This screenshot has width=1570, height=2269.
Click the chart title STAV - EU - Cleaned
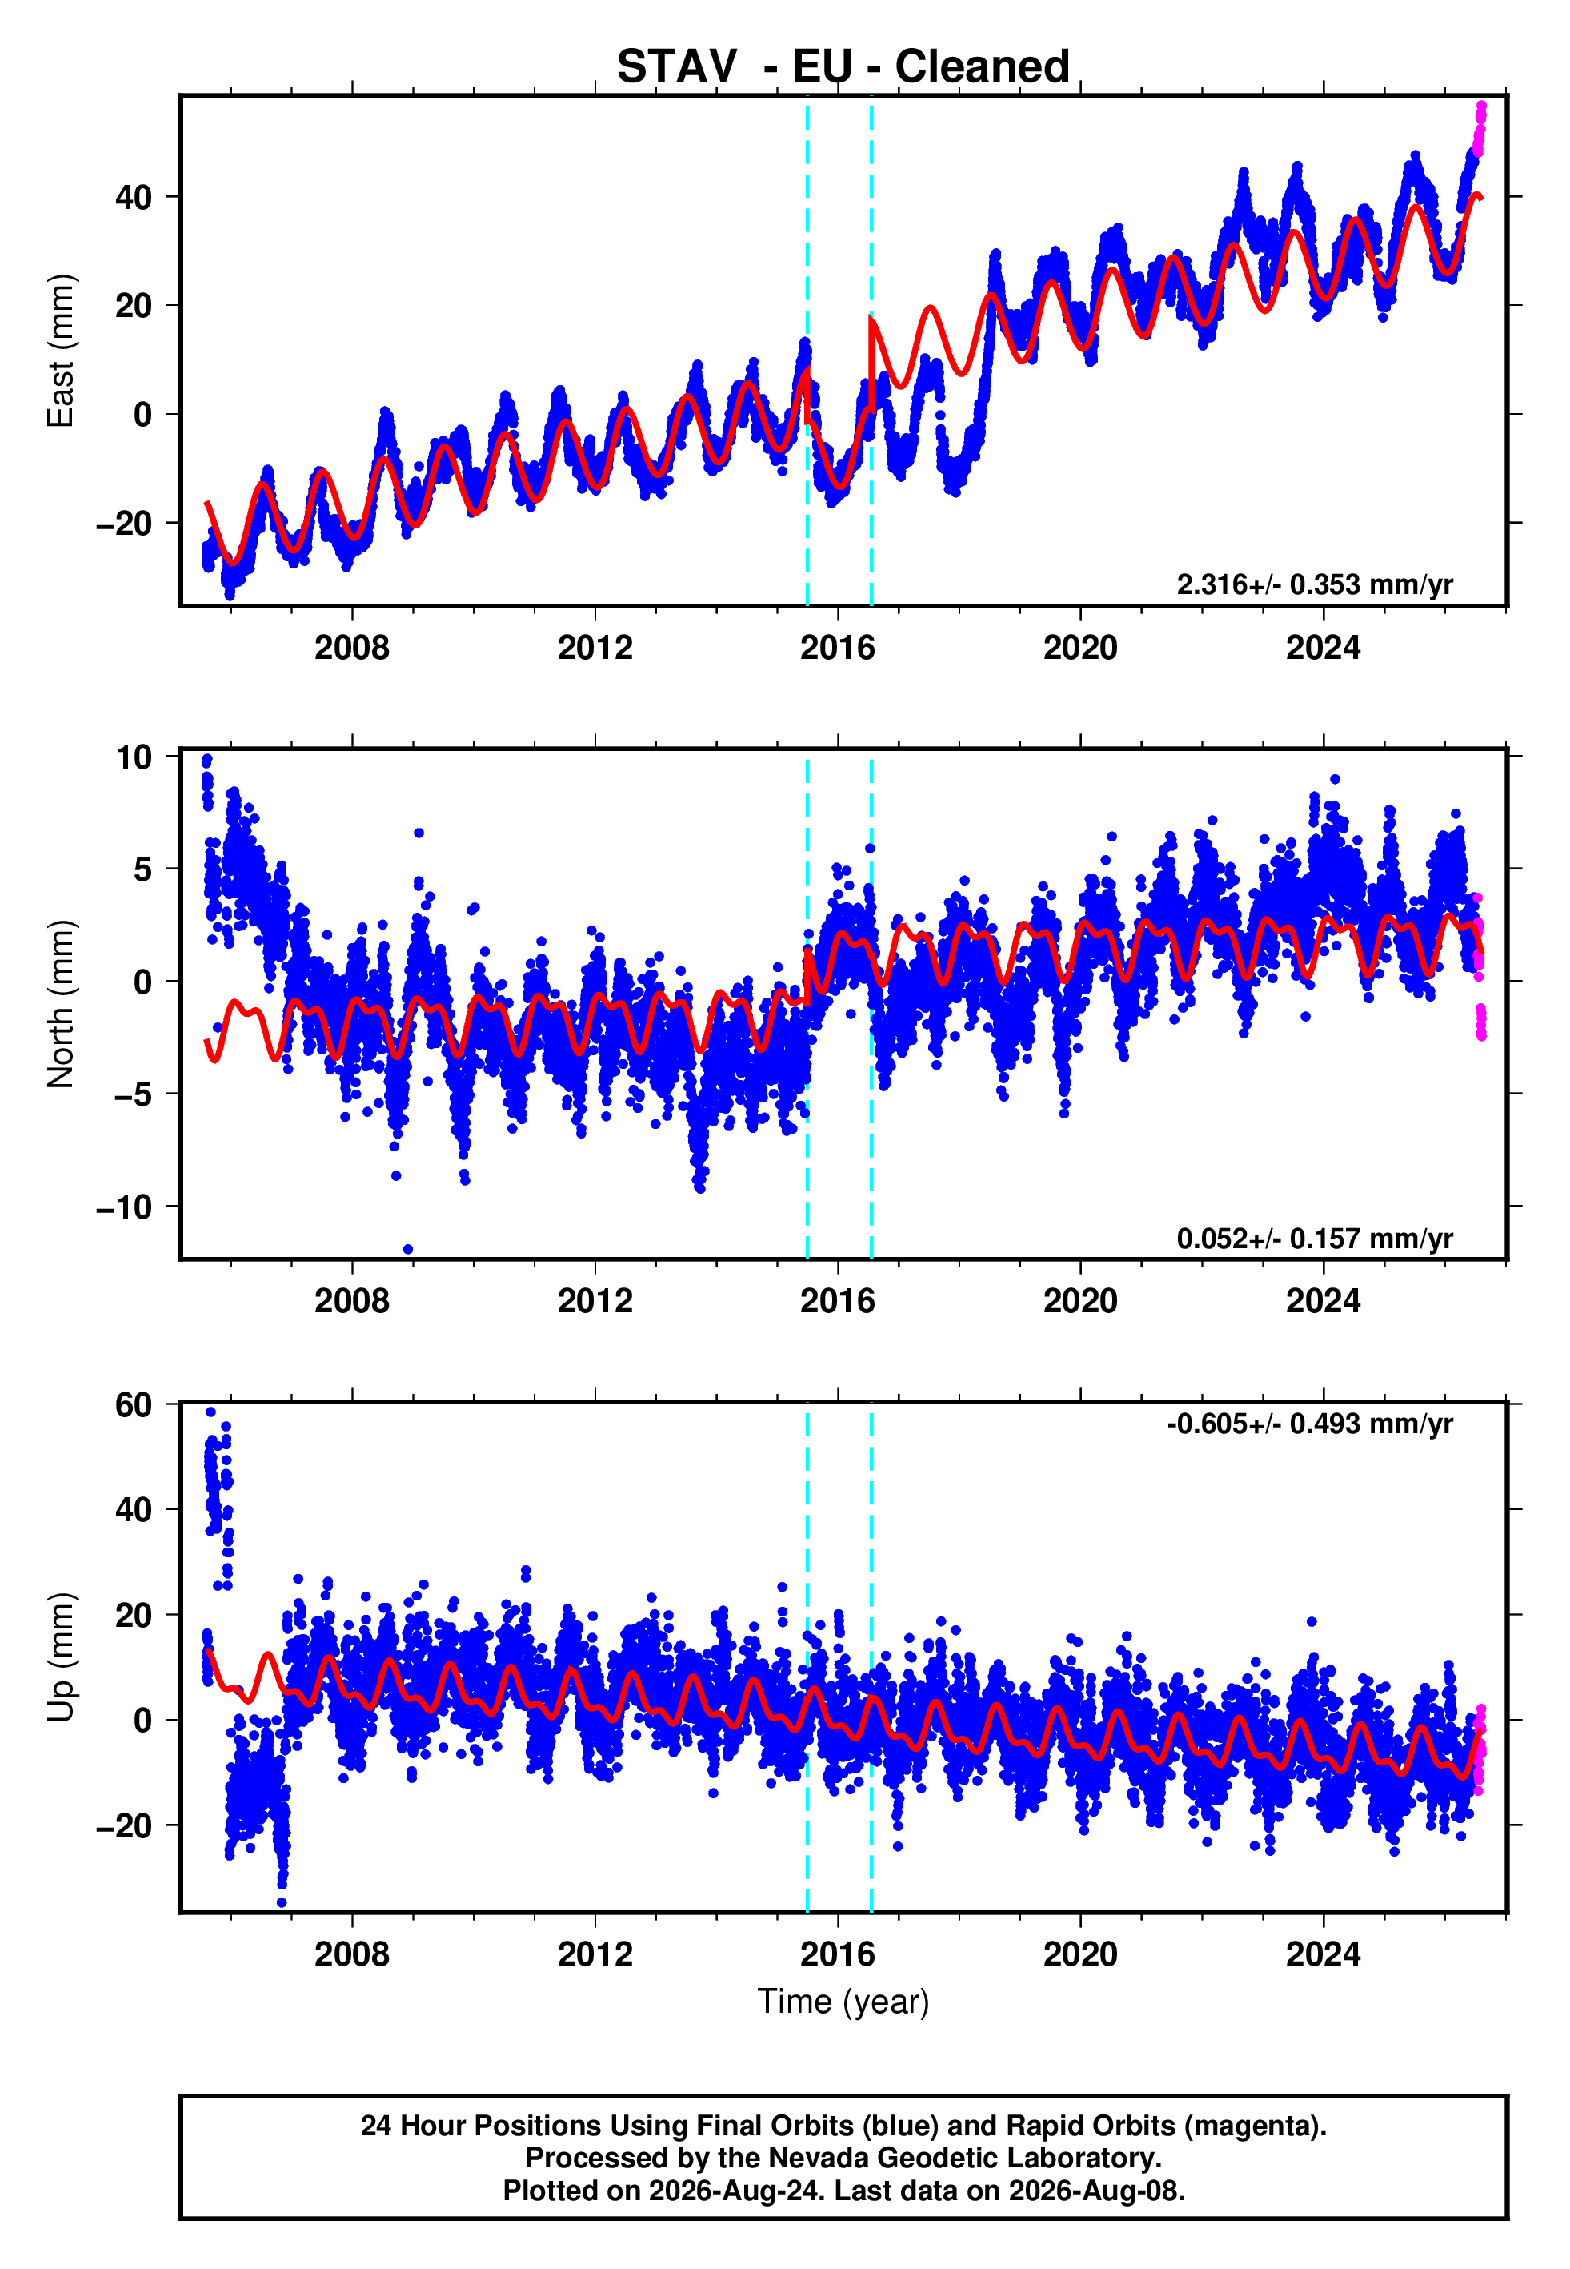[843, 67]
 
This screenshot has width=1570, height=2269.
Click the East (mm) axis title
[61, 351]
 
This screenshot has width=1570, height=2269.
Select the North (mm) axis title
[61, 1004]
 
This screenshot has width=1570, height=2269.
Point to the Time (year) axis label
[843, 2002]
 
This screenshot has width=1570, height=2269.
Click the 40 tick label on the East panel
[134, 197]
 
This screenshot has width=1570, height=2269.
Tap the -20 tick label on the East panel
[124, 523]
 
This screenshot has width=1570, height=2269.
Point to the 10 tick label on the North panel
[134, 757]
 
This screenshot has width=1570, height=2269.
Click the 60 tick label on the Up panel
[134, 1404]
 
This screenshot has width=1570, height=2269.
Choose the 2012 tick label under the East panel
[595, 648]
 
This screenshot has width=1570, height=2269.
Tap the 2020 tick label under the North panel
[1080, 1301]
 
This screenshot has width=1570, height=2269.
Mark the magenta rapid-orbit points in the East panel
[1480, 129]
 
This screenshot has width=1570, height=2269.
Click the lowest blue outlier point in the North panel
[408, 1250]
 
